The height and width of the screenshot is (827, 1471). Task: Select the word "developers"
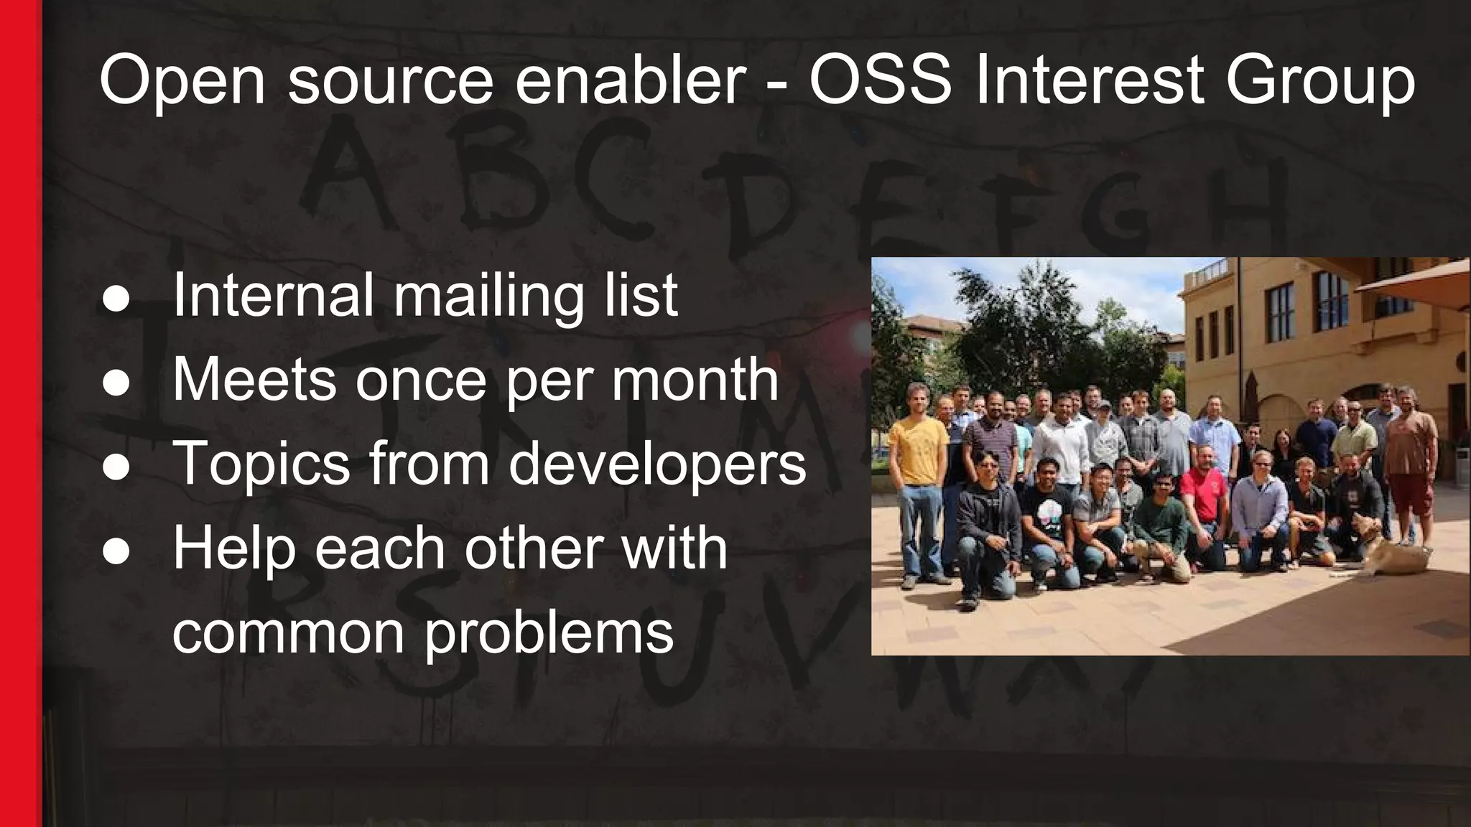pos(657,464)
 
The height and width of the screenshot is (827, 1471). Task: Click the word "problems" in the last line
pos(549,633)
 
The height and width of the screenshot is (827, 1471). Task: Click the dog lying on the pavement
pos(1375,549)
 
